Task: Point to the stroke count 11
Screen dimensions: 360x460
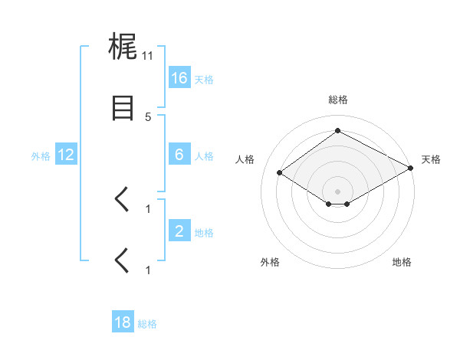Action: [148, 55]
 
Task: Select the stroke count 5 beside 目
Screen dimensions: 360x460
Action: [148, 116]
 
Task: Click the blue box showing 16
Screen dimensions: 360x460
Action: [179, 78]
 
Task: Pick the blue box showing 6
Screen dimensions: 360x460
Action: [179, 155]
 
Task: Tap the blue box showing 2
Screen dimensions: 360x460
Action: [179, 231]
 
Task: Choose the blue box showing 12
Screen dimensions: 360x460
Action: [66, 155]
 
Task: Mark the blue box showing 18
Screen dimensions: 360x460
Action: [123, 322]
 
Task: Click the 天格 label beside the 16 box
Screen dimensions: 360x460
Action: [204, 79]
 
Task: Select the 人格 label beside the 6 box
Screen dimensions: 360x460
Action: [204, 155]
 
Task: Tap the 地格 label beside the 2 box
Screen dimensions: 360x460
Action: [204, 232]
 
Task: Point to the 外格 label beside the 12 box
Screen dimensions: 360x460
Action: [41, 155]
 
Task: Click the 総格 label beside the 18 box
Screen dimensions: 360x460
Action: [147, 323]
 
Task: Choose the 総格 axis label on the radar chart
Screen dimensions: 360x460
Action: [337, 100]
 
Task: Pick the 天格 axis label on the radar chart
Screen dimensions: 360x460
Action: [431, 159]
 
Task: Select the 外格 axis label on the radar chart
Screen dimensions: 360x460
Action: [270, 262]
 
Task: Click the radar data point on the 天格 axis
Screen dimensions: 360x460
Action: [411, 169]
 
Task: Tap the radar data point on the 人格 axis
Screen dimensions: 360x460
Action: [280, 173]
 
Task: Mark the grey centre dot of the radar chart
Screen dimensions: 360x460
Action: [337, 191]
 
